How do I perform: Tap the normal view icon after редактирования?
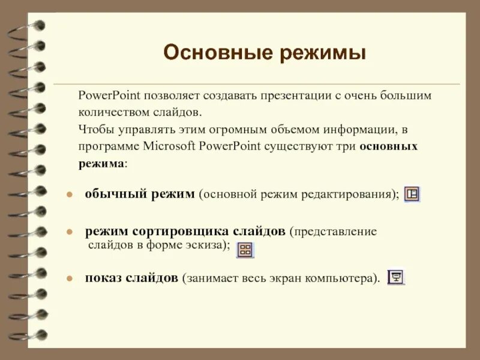[412, 194]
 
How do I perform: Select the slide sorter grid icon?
[245, 250]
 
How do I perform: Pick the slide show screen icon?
[396, 277]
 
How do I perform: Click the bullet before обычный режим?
[70, 195]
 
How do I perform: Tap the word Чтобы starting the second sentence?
[94, 129]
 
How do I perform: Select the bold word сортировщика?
[180, 231]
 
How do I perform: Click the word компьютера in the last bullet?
[346, 278]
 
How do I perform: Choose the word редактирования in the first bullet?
[353, 194]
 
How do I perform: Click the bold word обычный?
[110, 194]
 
